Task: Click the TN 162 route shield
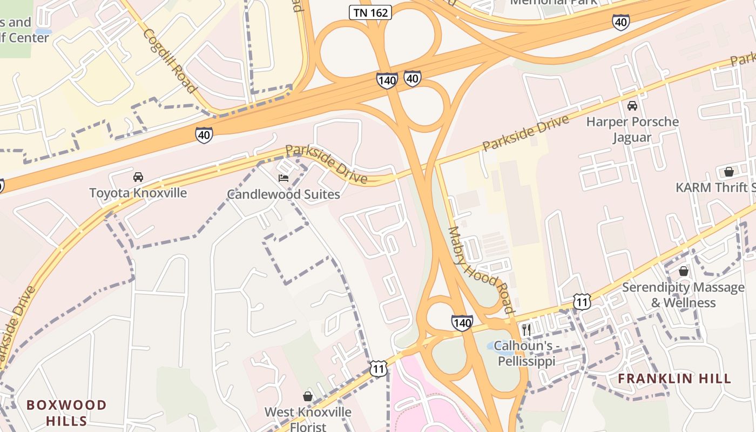[370, 12]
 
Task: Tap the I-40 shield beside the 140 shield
[413, 78]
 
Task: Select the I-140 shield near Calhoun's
[462, 323]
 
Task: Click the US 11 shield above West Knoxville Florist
[379, 369]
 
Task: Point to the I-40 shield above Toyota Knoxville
[204, 134]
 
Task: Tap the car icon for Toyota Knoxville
[138, 177]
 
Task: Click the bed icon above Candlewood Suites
[283, 178]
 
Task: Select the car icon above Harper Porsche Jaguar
[632, 105]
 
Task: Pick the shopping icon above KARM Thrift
[728, 172]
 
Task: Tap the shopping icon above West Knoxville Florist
[308, 396]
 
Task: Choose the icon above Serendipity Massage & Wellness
[683, 271]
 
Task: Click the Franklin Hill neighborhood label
[674, 379]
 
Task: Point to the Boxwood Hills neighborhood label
[66, 413]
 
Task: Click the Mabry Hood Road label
[480, 270]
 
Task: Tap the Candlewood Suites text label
[283, 194]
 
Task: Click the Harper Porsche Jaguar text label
[632, 130]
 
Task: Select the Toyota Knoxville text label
[138, 193]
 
